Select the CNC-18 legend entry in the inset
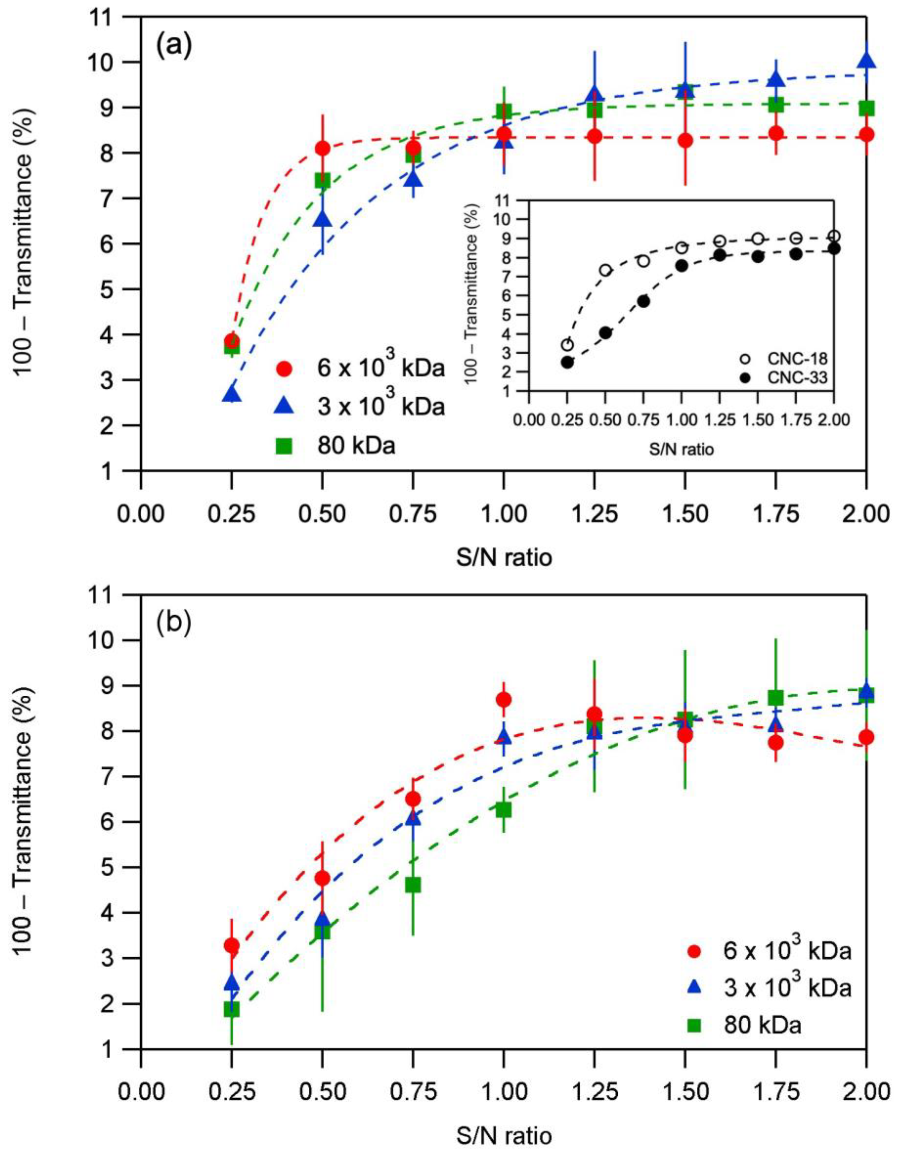click(x=787, y=359)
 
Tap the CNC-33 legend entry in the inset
click(x=787, y=378)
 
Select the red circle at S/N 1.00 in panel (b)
click(x=504, y=700)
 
